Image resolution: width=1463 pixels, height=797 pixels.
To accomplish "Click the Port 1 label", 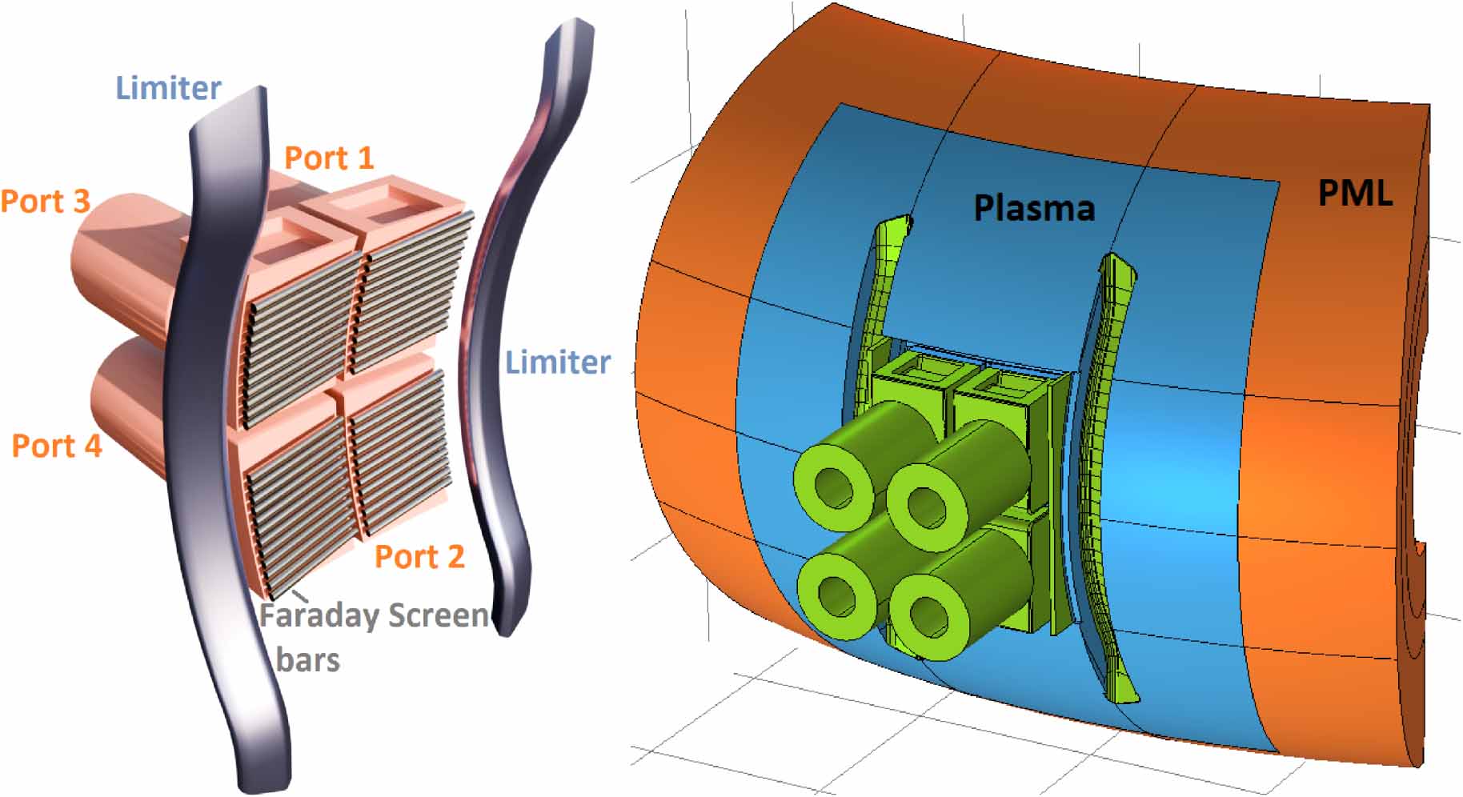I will point(329,158).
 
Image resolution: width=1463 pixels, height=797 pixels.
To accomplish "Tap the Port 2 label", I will point(419,556).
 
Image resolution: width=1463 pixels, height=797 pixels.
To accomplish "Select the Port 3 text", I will point(45,201).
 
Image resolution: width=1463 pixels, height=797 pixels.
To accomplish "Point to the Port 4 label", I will point(57,445).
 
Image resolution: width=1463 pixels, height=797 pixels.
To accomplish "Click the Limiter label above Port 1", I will point(168,87).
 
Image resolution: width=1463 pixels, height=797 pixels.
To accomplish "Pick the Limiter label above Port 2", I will point(558,362).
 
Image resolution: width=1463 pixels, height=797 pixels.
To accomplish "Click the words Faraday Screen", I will point(374,615).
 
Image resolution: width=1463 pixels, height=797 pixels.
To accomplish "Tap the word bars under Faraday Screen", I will point(308,659).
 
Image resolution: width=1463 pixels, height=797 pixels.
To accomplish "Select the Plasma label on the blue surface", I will point(1034,207).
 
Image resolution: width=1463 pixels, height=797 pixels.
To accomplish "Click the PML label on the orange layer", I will point(1355,193).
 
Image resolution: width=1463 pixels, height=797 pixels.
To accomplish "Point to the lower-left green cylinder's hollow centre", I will point(837,595).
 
